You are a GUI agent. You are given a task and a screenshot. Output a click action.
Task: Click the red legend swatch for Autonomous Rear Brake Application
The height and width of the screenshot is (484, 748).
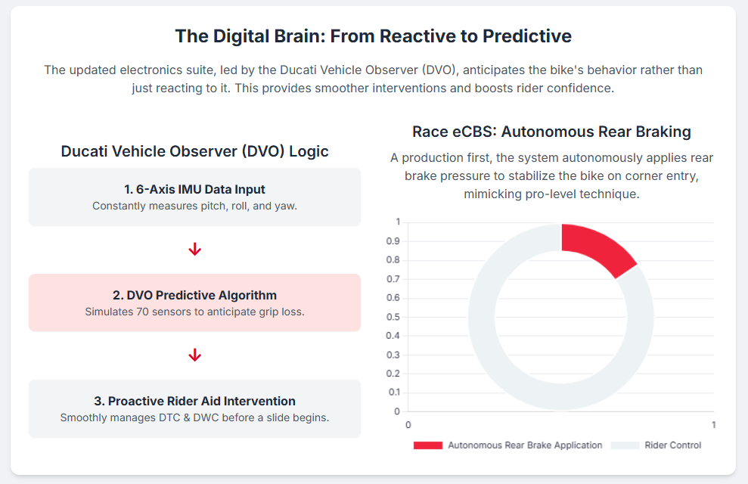pos(428,445)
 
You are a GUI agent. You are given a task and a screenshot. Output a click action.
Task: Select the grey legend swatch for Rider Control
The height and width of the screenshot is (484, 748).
pos(625,445)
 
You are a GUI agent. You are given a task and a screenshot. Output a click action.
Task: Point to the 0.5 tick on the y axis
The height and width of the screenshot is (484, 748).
pos(393,317)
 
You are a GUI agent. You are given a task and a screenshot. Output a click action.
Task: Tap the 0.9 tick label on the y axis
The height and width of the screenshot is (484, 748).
pos(393,241)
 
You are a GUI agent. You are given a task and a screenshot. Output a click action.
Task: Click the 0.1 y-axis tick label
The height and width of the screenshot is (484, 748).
pos(393,392)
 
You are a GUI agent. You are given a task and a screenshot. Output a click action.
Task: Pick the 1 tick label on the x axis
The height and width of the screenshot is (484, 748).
pos(714,425)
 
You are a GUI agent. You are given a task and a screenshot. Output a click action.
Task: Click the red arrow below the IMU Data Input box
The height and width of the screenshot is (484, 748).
pos(194,250)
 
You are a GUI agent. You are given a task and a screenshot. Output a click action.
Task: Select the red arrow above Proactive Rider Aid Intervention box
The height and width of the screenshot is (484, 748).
pos(194,355)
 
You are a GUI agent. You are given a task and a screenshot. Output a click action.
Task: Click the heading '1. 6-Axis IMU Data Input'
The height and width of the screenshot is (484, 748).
pos(194,189)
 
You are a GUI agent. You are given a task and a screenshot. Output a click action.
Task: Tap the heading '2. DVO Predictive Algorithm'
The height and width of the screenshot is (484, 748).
pos(194,295)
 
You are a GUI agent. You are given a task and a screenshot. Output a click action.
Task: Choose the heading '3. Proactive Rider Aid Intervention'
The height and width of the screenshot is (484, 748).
pos(194,401)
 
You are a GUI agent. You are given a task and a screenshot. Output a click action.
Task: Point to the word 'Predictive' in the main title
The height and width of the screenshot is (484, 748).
pos(527,36)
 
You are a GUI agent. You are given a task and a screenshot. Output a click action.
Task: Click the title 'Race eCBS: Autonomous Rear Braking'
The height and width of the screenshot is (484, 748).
pos(551,132)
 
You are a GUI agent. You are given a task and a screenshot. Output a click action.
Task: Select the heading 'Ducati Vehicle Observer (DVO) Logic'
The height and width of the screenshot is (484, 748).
pos(194,151)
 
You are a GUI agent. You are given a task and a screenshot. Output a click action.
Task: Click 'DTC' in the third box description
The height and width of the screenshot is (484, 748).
pos(169,417)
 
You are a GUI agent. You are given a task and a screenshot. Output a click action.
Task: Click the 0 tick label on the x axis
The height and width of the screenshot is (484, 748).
pos(408,425)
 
